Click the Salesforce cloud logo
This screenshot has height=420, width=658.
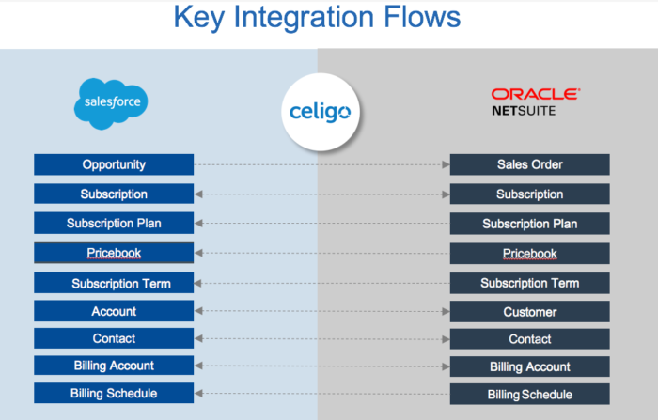(111, 103)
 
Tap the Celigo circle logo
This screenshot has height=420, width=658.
(321, 112)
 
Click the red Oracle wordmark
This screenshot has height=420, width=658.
(536, 94)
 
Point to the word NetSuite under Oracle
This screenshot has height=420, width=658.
(524, 111)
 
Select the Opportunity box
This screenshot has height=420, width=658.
(114, 164)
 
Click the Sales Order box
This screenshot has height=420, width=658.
(529, 164)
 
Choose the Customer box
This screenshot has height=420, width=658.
(529, 312)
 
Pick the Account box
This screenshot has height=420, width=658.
(114, 311)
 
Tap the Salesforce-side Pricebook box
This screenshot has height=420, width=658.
(114, 253)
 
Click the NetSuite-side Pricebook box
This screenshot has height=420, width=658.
(529, 254)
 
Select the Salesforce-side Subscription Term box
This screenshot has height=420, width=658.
(114, 283)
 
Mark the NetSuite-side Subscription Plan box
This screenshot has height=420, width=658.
(529, 224)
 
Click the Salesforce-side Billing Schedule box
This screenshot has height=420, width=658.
(114, 393)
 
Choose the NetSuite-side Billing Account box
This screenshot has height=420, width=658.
(529, 366)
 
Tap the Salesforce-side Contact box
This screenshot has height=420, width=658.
(114, 338)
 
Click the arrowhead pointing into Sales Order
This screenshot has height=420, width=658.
(446, 164)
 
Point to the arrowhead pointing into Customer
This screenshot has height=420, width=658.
(446, 312)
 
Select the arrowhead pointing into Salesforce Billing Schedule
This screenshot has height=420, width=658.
(198, 393)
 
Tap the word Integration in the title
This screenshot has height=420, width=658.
(305, 18)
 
